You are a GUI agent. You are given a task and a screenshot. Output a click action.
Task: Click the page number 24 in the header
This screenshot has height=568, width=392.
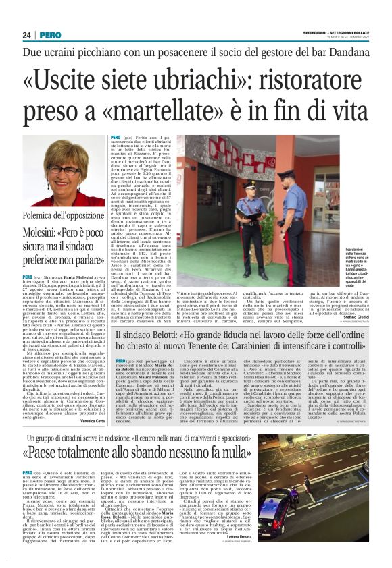coord(28,35)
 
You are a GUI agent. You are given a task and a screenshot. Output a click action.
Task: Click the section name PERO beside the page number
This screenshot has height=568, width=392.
coord(49,35)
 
